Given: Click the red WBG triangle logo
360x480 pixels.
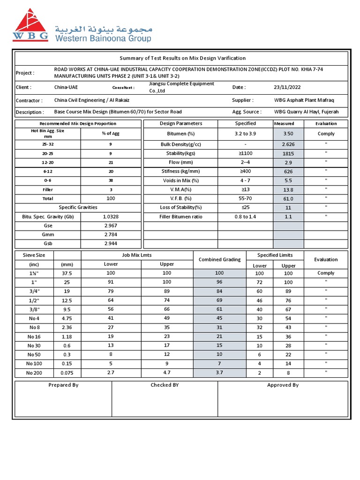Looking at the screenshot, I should (30, 25).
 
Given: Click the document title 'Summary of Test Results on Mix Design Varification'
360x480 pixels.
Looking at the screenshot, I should (182, 58).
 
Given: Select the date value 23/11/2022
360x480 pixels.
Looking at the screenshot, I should (287, 87).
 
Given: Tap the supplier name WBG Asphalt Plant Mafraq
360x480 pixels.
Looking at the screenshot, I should (304, 100).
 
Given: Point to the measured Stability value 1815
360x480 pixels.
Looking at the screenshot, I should (288, 154).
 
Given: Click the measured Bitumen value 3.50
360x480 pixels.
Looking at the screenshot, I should (288, 134).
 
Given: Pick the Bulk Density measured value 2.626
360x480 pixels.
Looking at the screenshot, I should (288, 144).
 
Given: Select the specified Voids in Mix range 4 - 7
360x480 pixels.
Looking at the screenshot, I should (246, 180).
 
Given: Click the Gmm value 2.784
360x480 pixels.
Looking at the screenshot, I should (111, 234).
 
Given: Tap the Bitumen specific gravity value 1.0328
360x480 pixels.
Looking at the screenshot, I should (111, 217).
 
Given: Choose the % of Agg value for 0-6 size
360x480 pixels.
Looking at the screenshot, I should (111, 180).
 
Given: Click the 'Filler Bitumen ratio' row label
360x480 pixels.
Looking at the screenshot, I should (180, 217).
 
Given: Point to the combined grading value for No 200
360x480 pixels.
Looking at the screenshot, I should (219, 373).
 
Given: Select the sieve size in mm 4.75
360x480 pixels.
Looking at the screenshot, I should (67, 318).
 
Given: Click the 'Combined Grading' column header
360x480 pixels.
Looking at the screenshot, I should (219, 260).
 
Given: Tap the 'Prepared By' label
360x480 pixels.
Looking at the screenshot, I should (63, 385).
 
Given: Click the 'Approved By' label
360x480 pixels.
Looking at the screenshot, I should (283, 385).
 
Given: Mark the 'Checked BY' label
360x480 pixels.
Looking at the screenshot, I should (165, 385).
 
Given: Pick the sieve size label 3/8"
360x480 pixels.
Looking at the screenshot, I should (34, 309).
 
